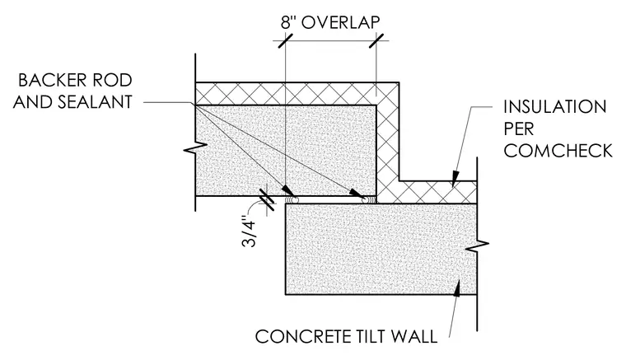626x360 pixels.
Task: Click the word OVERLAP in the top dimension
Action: (x=340, y=22)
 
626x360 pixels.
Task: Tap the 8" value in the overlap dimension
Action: (x=287, y=22)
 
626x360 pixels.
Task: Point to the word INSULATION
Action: (x=555, y=107)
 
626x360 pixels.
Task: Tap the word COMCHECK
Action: (x=558, y=151)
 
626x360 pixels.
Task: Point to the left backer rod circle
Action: (x=291, y=199)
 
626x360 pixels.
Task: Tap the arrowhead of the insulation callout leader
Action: (x=455, y=180)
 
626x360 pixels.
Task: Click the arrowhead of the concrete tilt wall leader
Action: (x=458, y=288)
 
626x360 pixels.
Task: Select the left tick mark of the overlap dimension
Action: (x=285, y=40)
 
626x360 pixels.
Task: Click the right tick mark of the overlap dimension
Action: (x=376, y=40)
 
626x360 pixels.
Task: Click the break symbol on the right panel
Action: (x=477, y=246)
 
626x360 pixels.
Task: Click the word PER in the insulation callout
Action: (x=519, y=129)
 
